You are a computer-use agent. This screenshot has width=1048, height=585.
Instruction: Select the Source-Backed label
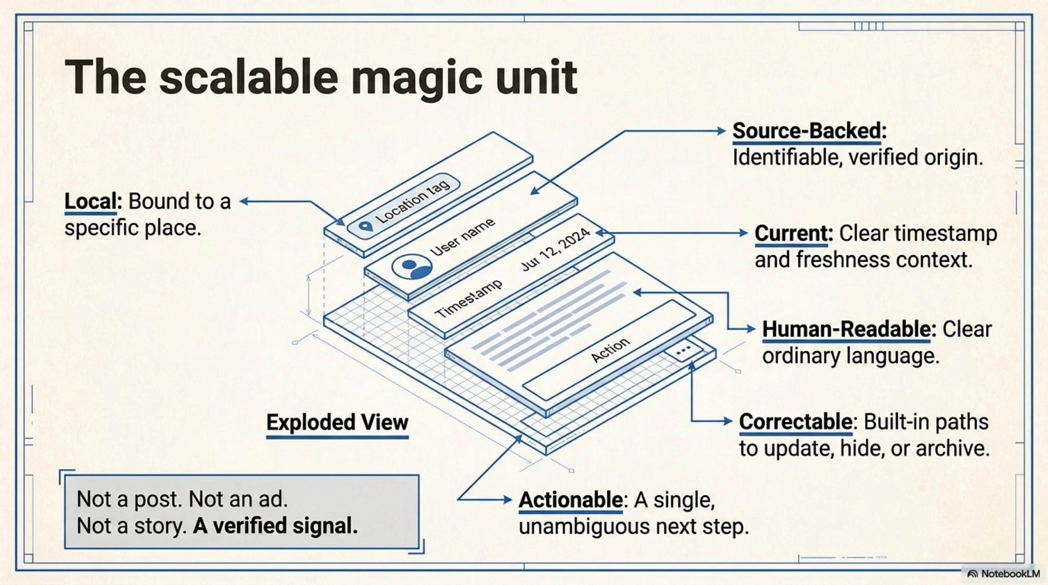pyautogui.click(x=809, y=131)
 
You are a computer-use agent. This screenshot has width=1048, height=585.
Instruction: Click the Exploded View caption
pyautogui.click(x=337, y=422)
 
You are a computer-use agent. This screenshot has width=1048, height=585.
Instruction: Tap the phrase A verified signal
pyautogui.click(x=275, y=526)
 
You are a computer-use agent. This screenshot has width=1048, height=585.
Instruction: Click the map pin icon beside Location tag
pyautogui.click(x=366, y=227)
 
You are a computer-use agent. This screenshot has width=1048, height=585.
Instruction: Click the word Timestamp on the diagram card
pyautogui.click(x=468, y=299)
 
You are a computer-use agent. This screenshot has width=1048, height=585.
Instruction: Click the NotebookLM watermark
pyautogui.click(x=1004, y=574)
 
